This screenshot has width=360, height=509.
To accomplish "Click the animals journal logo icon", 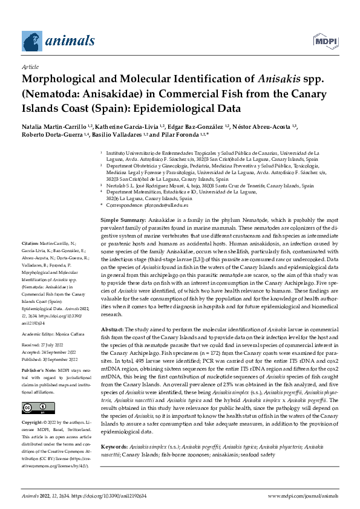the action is coord(31,41).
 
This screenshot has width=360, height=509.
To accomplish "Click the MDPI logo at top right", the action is coord(324,41).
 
